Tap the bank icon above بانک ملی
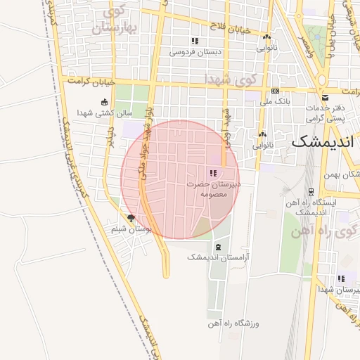pyautogui.click(x=275, y=91)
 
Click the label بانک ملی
pyautogui.click(x=275, y=103)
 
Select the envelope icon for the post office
pyautogui.click(x=324, y=97)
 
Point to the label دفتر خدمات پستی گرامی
pyautogui.click(x=324, y=112)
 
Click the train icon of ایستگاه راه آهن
pyautogui.click(x=311, y=191)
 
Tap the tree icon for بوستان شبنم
pyautogui.click(x=131, y=219)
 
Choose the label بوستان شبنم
pyautogui.click(x=131, y=229)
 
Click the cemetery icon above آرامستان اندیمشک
pyautogui.click(x=217, y=247)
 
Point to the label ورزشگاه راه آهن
pyautogui.click(x=233, y=323)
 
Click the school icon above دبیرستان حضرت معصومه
pyautogui.click(x=213, y=172)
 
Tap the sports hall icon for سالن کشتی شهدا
pyautogui.click(x=104, y=102)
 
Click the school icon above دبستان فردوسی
pyautogui.click(x=195, y=41)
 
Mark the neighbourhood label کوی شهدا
pyautogui.click(x=232, y=79)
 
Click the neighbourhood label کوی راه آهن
pyautogui.click(x=333, y=233)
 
